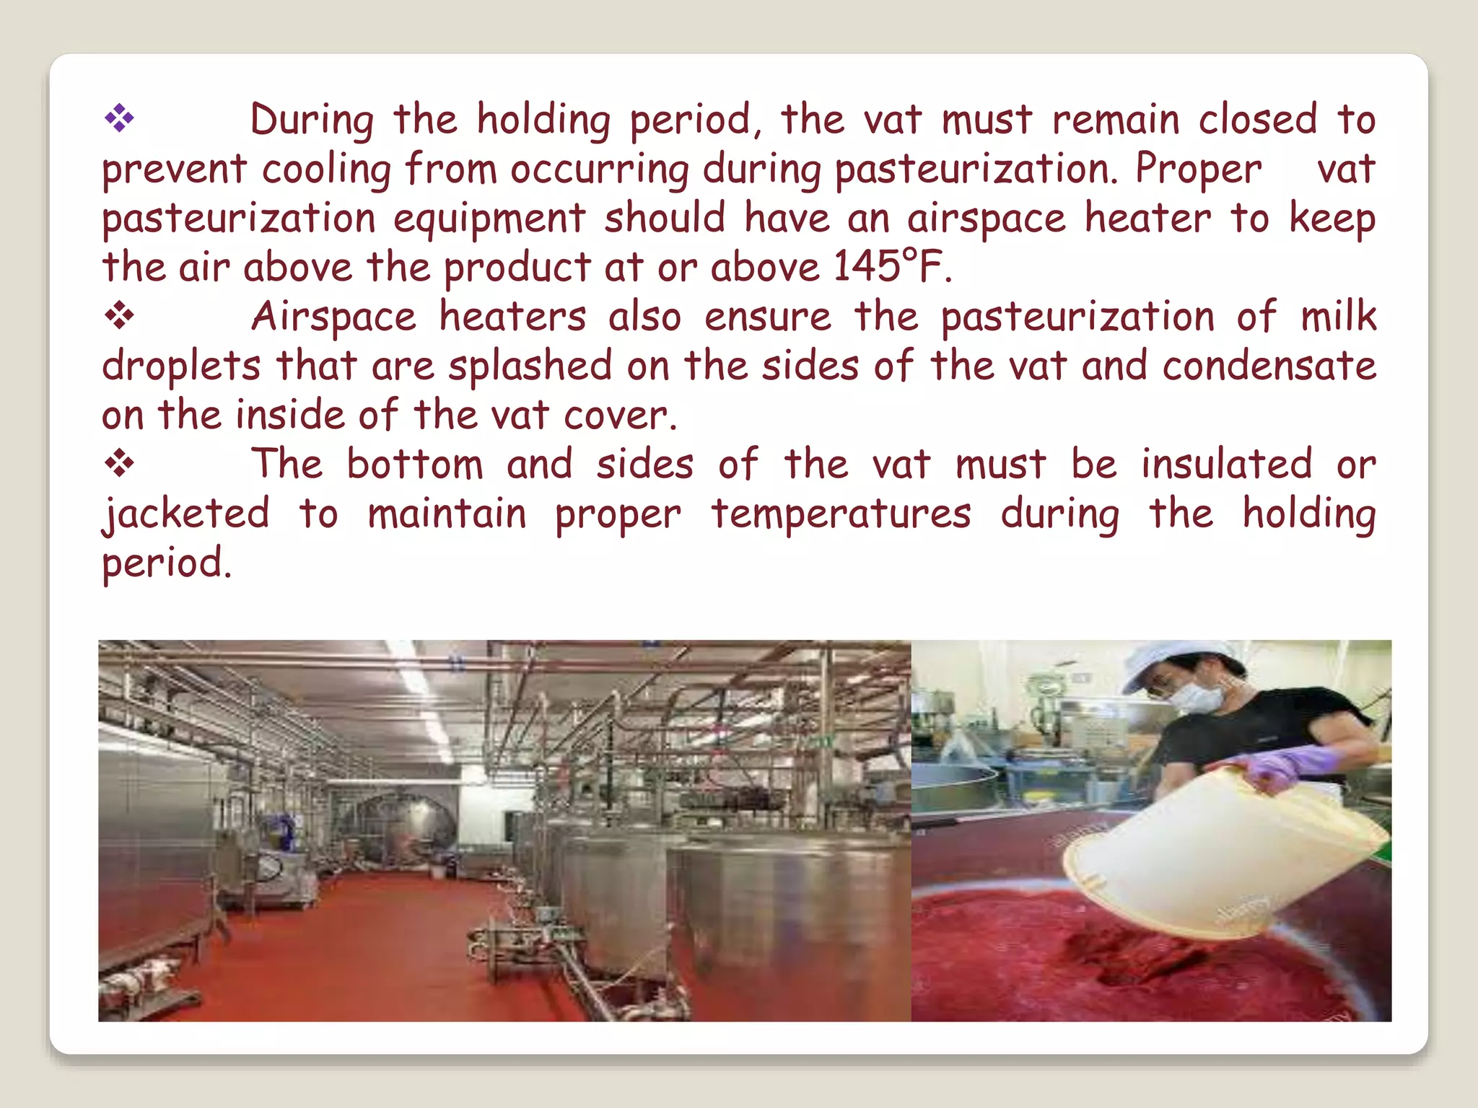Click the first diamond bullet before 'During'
click(x=119, y=118)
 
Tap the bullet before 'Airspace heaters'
click(x=119, y=315)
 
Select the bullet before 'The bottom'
click(x=119, y=463)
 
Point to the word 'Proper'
click(x=1198, y=169)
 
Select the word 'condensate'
click(x=1269, y=365)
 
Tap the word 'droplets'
click(x=180, y=366)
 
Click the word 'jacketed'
click(x=185, y=514)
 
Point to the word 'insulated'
click(x=1226, y=464)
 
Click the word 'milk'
click(x=1338, y=316)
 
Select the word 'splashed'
click(x=530, y=366)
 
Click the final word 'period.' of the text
click(x=167, y=563)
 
